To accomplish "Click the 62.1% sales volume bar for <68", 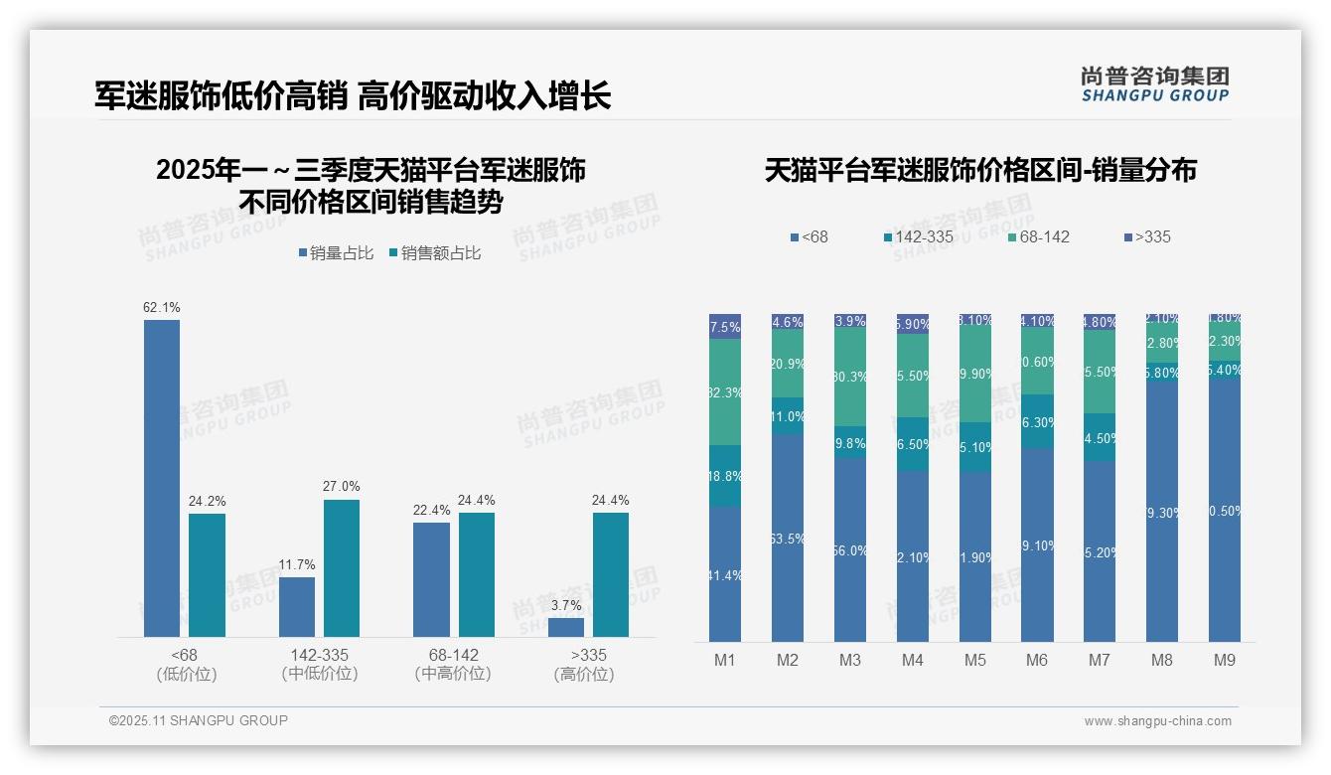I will click(162, 478).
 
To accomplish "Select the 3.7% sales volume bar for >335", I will click(566, 627).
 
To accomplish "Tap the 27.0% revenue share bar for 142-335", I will click(342, 567).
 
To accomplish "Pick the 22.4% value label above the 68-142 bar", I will click(431, 510).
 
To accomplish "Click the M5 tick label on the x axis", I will click(974, 660).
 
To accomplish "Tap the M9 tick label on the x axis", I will click(1224, 660).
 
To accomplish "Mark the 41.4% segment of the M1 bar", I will click(725, 574).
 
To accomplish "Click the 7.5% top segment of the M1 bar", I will click(725, 327).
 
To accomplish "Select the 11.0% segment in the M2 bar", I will click(788, 416).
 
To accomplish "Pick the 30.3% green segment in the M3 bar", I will click(850, 378).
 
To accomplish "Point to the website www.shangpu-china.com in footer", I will click(1157, 721).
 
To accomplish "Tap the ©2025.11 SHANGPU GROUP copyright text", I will click(199, 720).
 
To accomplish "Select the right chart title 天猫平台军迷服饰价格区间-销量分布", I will click(980, 170).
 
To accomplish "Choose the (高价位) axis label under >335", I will click(583, 674).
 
